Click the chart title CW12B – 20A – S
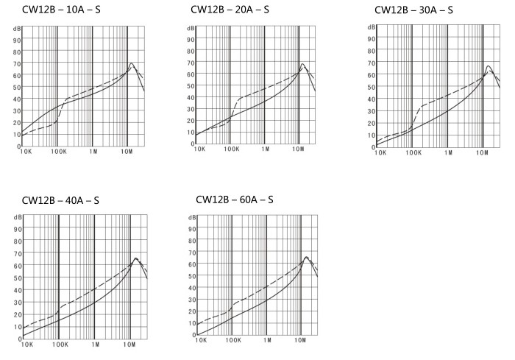pos(229,10)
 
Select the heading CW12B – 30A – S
pos(413,10)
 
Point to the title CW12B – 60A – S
pos(235,200)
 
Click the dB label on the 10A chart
pos(16,28)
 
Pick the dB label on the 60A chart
pos(192,218)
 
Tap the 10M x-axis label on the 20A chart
pos(299,149)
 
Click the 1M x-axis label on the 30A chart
pos(447,153)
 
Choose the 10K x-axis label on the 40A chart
pos(26,343)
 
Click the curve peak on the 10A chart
pos(131,63)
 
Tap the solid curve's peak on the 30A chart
pos(488,66)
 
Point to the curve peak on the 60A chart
pos(307,257)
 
